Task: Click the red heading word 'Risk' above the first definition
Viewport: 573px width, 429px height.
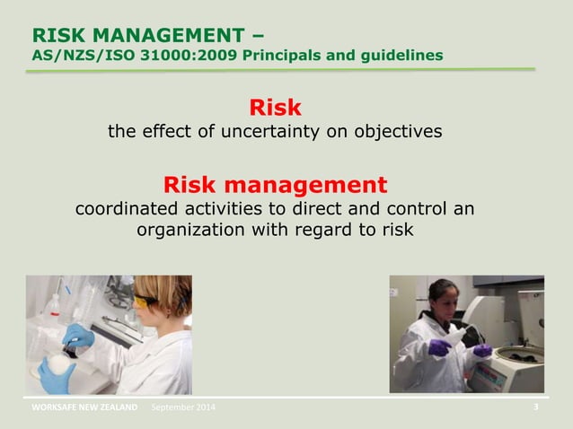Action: [x=275, y=109]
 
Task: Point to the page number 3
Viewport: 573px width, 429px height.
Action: [x=536, y=407]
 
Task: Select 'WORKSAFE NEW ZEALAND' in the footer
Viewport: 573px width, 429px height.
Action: [x=84, y=408]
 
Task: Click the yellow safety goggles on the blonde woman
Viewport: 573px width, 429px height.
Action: [x=145, y=302]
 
